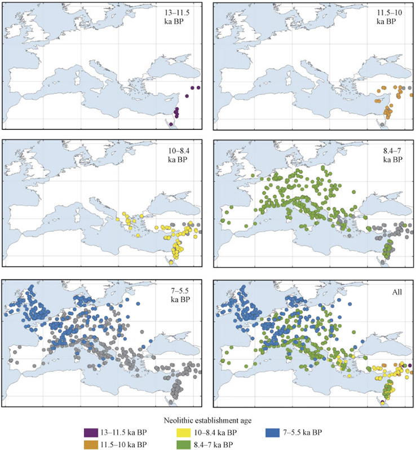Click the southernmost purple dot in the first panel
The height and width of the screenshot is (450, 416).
point(172,124)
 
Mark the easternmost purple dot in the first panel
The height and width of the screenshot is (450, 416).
point(199,88)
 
